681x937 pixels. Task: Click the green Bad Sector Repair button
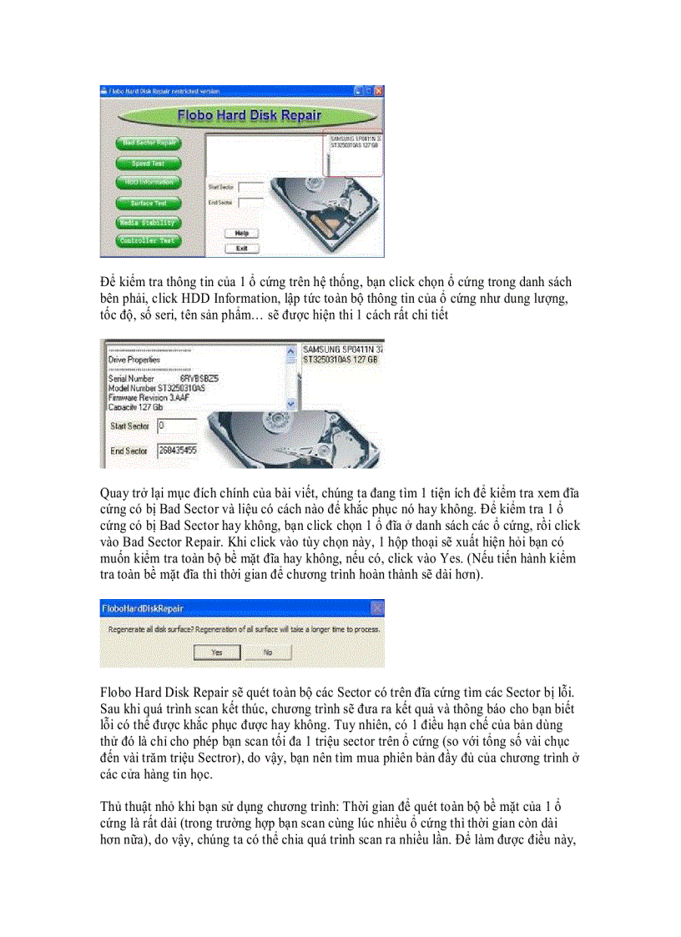click(149, 143)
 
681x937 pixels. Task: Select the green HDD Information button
click(149, 182)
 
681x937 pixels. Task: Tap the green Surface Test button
click(149, 203)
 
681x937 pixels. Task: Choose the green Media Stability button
click(149, 223)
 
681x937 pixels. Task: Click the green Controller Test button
click(149, 241)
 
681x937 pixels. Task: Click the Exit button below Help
click(242, 248)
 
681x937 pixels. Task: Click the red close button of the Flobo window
click(378, 89)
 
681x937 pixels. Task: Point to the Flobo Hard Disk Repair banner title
click(250, 115)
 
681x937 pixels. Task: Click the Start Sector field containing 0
click(176, 426)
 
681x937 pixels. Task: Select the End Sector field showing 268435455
click(176, 451)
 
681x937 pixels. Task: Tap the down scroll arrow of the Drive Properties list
click(290, 404)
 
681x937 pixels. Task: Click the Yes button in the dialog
click(216, 652)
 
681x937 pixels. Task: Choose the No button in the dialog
click(267, 652)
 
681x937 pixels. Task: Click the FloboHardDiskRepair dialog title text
click(142, 609)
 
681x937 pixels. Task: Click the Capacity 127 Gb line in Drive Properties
click(134, 406)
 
